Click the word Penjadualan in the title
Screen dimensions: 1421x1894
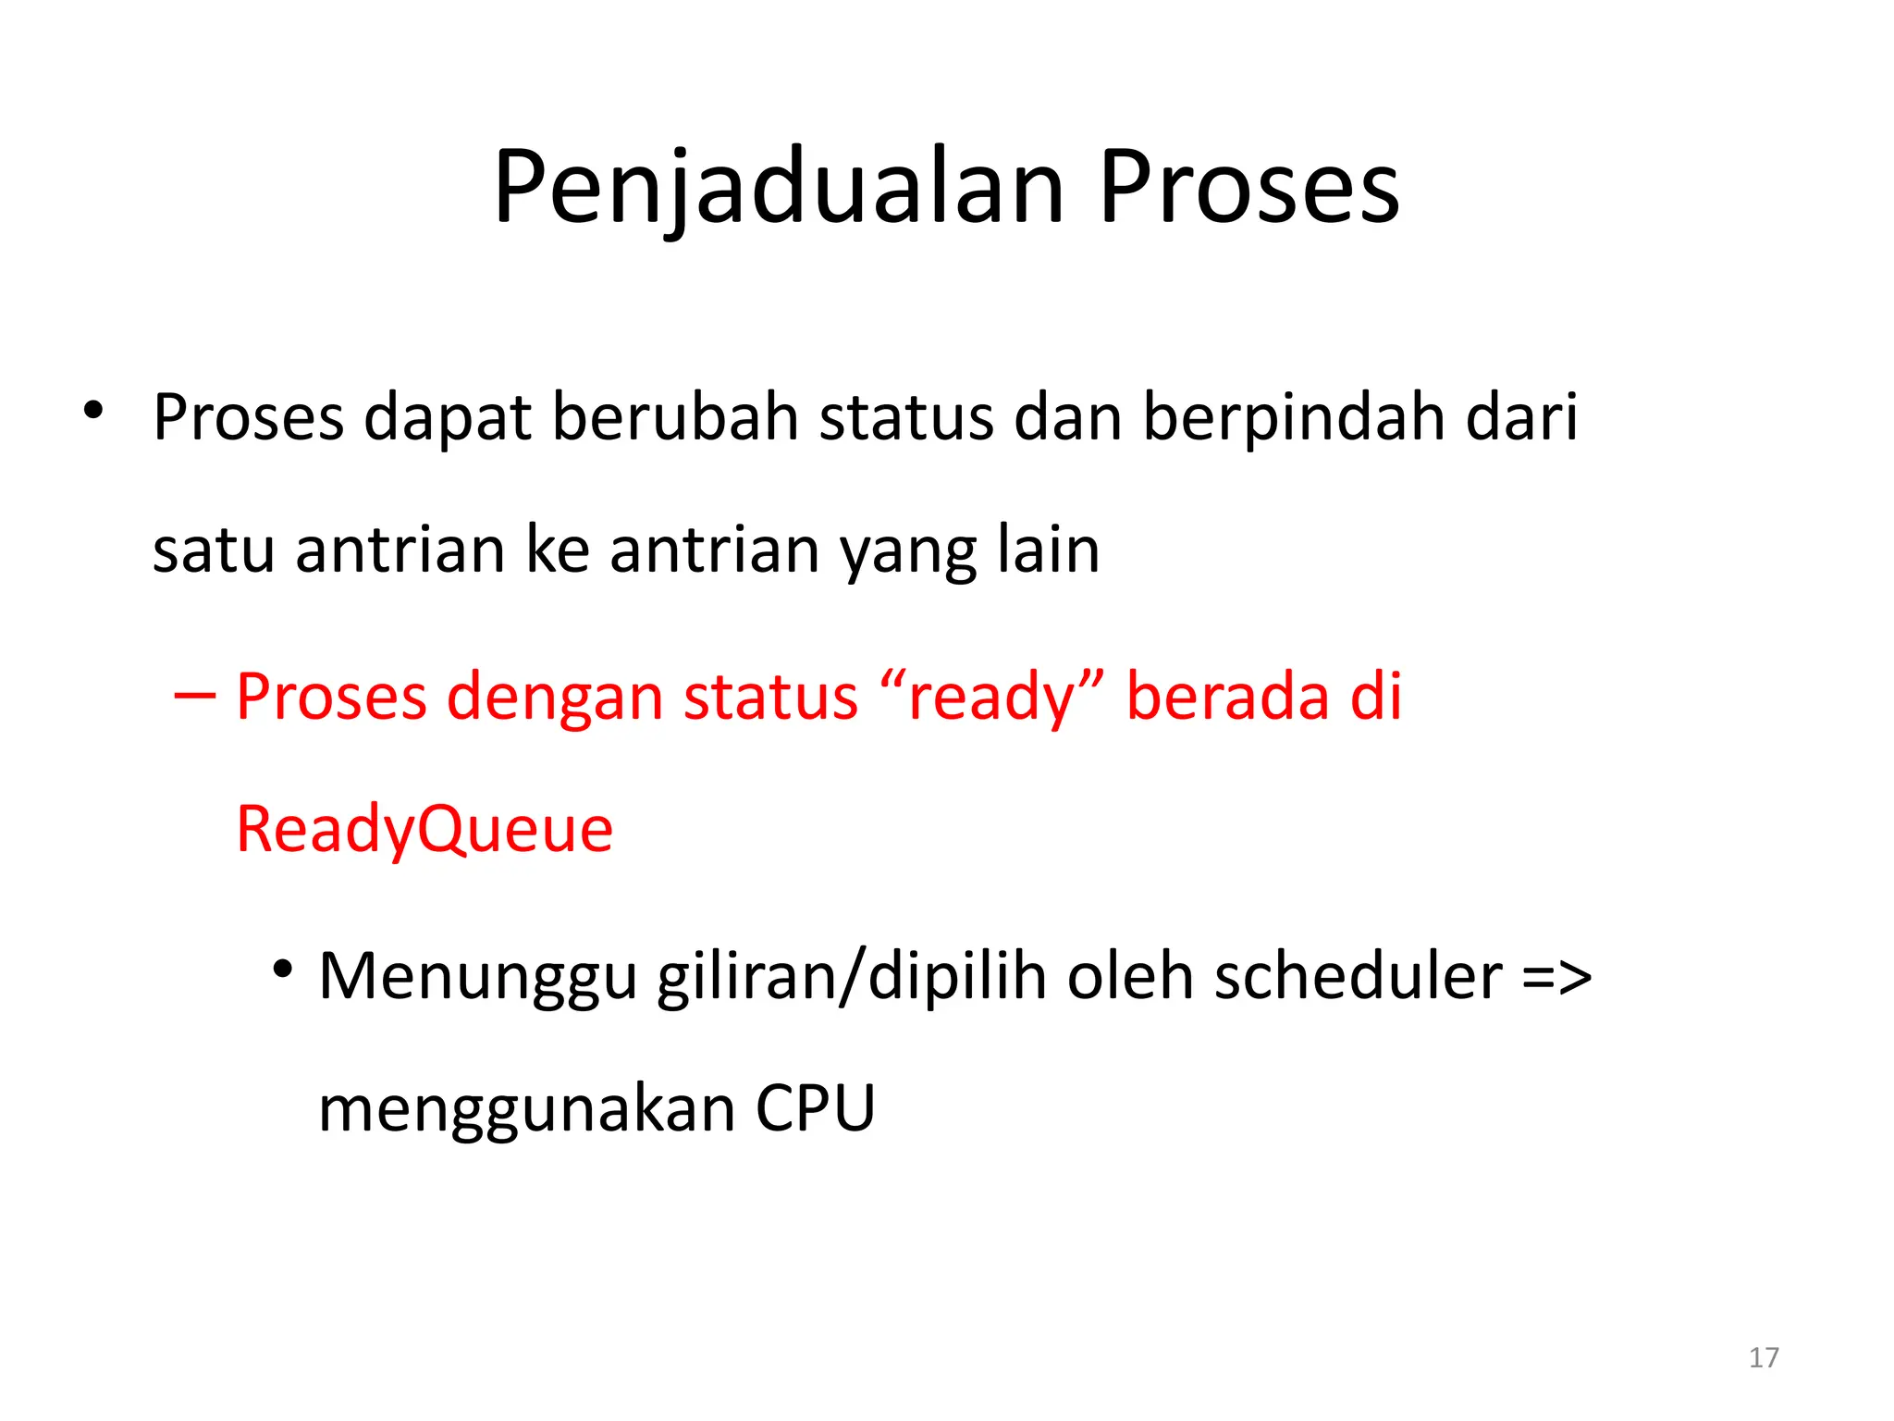coord(779,190)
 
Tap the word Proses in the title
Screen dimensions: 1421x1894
coord(1248,190)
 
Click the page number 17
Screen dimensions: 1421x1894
coord(1764,1357)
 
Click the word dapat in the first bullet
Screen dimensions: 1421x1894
coord(447,419)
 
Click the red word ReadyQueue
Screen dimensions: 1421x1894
coord(424,830)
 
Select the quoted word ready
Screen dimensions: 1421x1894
coord(993,698)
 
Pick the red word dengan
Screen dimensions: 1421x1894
coord(554,698)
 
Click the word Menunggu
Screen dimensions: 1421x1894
coord(477,979)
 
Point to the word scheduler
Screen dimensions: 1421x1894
coord(1358,977)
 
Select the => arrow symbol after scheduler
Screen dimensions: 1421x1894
coord(1556,979)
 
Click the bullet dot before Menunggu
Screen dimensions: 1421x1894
coord(283,970)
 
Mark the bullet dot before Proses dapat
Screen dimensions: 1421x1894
coord(92,411)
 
